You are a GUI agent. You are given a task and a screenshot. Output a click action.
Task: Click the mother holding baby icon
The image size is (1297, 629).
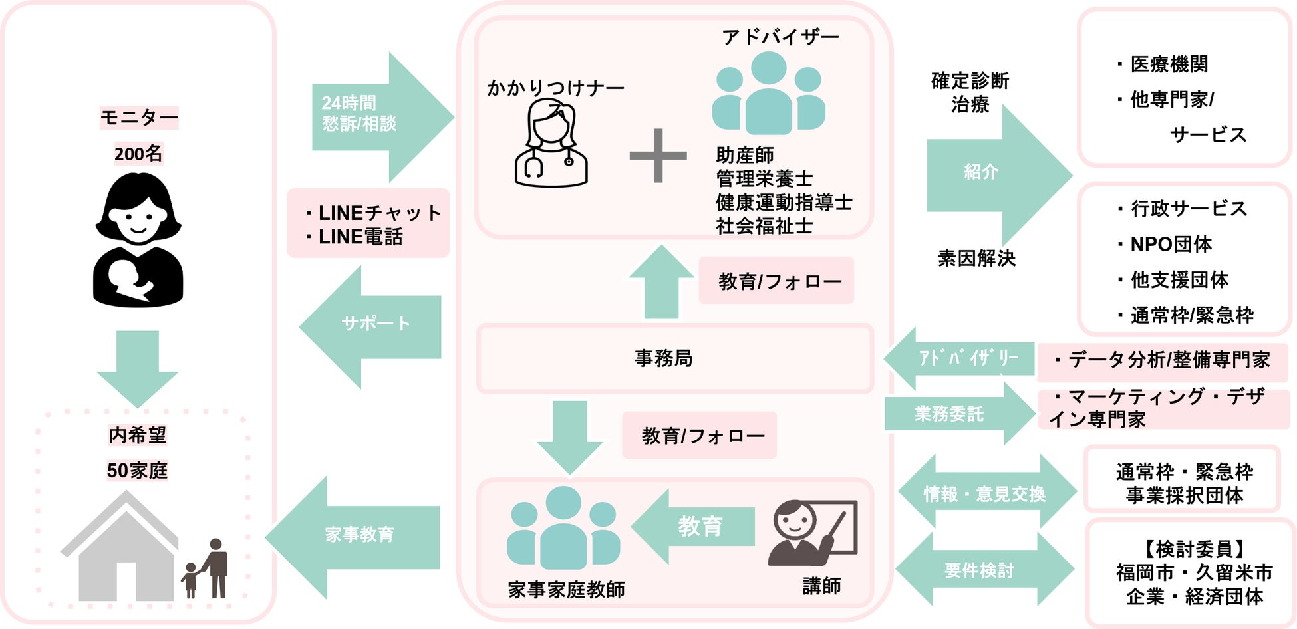pos(138,239)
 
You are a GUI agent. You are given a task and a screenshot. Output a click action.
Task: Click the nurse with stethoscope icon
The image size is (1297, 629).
pos(551,143)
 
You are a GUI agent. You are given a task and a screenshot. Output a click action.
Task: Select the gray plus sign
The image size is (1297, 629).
pos(658,155)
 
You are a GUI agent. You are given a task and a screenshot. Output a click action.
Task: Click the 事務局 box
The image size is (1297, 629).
pos(674,358)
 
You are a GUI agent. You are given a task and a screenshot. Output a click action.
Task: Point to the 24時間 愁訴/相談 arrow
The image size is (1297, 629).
pos(379,116)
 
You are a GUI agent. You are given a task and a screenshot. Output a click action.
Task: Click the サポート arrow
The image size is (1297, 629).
pos(372,326)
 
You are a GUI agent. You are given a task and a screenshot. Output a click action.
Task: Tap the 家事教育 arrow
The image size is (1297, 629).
pos(356,536)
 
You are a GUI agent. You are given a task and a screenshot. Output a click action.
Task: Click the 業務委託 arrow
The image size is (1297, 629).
pos(958,414)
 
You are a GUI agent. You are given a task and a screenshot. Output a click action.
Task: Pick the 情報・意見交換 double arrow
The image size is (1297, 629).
pos(986,493)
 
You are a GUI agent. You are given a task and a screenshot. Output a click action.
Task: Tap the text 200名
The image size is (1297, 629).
pos(138,154)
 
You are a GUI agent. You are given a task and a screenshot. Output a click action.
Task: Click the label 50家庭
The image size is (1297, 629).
pos(137,471)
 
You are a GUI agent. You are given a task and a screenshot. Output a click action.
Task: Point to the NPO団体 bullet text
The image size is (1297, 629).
pos(1171,244)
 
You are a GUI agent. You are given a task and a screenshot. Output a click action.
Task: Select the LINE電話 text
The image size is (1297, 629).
pos(360,237)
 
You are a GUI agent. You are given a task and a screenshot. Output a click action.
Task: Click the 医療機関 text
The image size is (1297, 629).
pos(1169,64)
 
